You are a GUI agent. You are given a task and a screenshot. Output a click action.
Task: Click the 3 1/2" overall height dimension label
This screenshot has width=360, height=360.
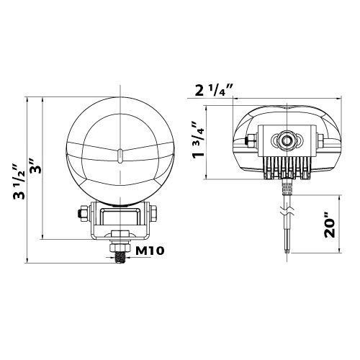(19, 182)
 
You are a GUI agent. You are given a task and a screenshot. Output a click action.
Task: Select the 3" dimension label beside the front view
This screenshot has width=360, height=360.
(35, 166)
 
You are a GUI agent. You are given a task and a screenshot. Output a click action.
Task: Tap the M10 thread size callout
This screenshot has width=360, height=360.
(150, 251)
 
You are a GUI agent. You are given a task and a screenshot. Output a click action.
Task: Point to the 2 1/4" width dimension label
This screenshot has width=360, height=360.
(214, 90)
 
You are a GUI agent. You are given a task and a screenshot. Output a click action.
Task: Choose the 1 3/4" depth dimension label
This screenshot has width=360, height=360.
(198, 139)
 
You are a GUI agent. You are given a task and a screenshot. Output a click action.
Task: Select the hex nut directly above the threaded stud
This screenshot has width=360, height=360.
(120, 248)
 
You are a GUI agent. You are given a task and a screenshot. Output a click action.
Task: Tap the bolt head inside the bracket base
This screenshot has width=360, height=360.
(120, 234)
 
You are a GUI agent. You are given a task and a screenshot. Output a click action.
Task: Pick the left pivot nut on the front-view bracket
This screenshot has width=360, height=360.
(84, 212)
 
